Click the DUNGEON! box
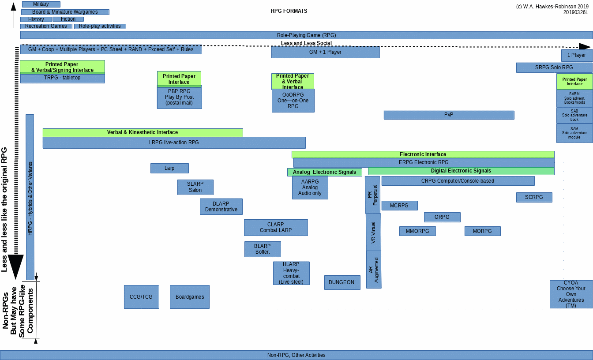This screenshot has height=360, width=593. (x=342, y=282)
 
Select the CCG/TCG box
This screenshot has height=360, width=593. (x=141, y=297)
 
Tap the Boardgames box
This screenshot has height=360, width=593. (x=190, y=297)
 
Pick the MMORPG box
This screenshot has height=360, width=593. (x=417, y=231)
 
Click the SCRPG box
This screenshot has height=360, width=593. (x=534, y=197)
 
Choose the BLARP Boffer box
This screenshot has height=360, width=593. (x=263, y=249)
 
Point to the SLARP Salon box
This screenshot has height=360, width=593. (x=195, y=187)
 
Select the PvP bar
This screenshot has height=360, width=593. (x=449, y=115)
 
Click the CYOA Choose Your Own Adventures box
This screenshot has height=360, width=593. (x=571, y=294)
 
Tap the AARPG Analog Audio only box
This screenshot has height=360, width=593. (x=310, y=187)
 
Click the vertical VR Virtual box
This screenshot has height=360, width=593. (x=373, y=232)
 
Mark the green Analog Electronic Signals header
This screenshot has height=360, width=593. (x=324, y=172)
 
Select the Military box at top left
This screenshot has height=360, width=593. (x=41, y=4)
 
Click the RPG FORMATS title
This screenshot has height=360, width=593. (x=289, y=11)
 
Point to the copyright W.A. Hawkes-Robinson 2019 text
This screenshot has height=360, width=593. (x=552, y=7)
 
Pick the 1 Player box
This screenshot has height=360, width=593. (x=577, y=55)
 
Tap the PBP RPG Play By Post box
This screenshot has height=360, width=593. (x=179, y=97)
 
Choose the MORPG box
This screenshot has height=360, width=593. (x=482, y=231)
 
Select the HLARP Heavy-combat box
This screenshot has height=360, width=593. (x=291, y=273)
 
